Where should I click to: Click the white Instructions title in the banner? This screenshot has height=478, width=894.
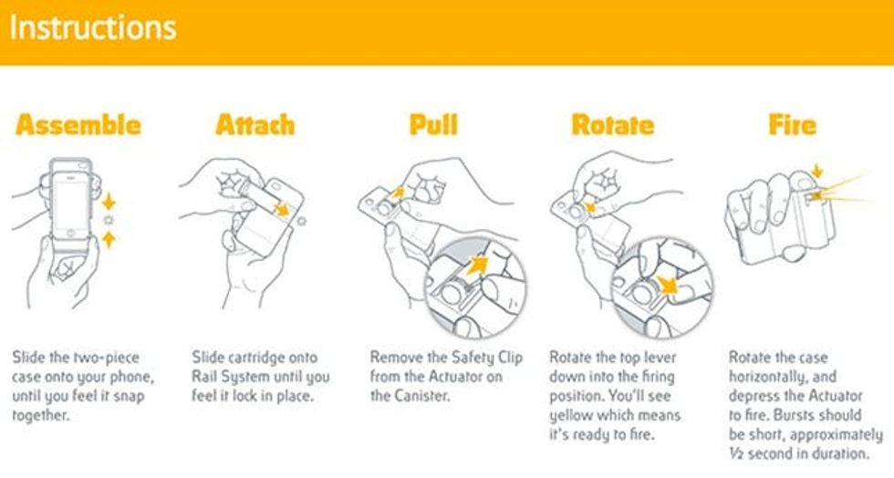(x=93, y=28)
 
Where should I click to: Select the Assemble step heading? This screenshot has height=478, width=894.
(x=78, y=125)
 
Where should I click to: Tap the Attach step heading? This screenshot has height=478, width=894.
(x=255, y=125)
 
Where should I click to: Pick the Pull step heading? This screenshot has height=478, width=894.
(x=433, y=125)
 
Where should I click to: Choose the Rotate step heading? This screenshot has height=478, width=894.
(x=613, y=125)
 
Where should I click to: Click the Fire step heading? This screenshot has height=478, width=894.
(x=792, y=125)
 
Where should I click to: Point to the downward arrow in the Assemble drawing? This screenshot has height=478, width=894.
(x=109, y=202)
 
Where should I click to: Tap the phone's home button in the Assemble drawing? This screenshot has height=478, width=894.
(x=70, y=233)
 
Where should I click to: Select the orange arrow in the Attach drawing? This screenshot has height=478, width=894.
(x=281, y=209)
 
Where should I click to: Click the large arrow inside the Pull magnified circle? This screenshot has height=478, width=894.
(x=477, y=265)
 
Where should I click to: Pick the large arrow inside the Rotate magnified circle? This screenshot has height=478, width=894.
(x=666, y=284)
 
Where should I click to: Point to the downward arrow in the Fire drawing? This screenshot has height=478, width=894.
(x=817, y=171)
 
